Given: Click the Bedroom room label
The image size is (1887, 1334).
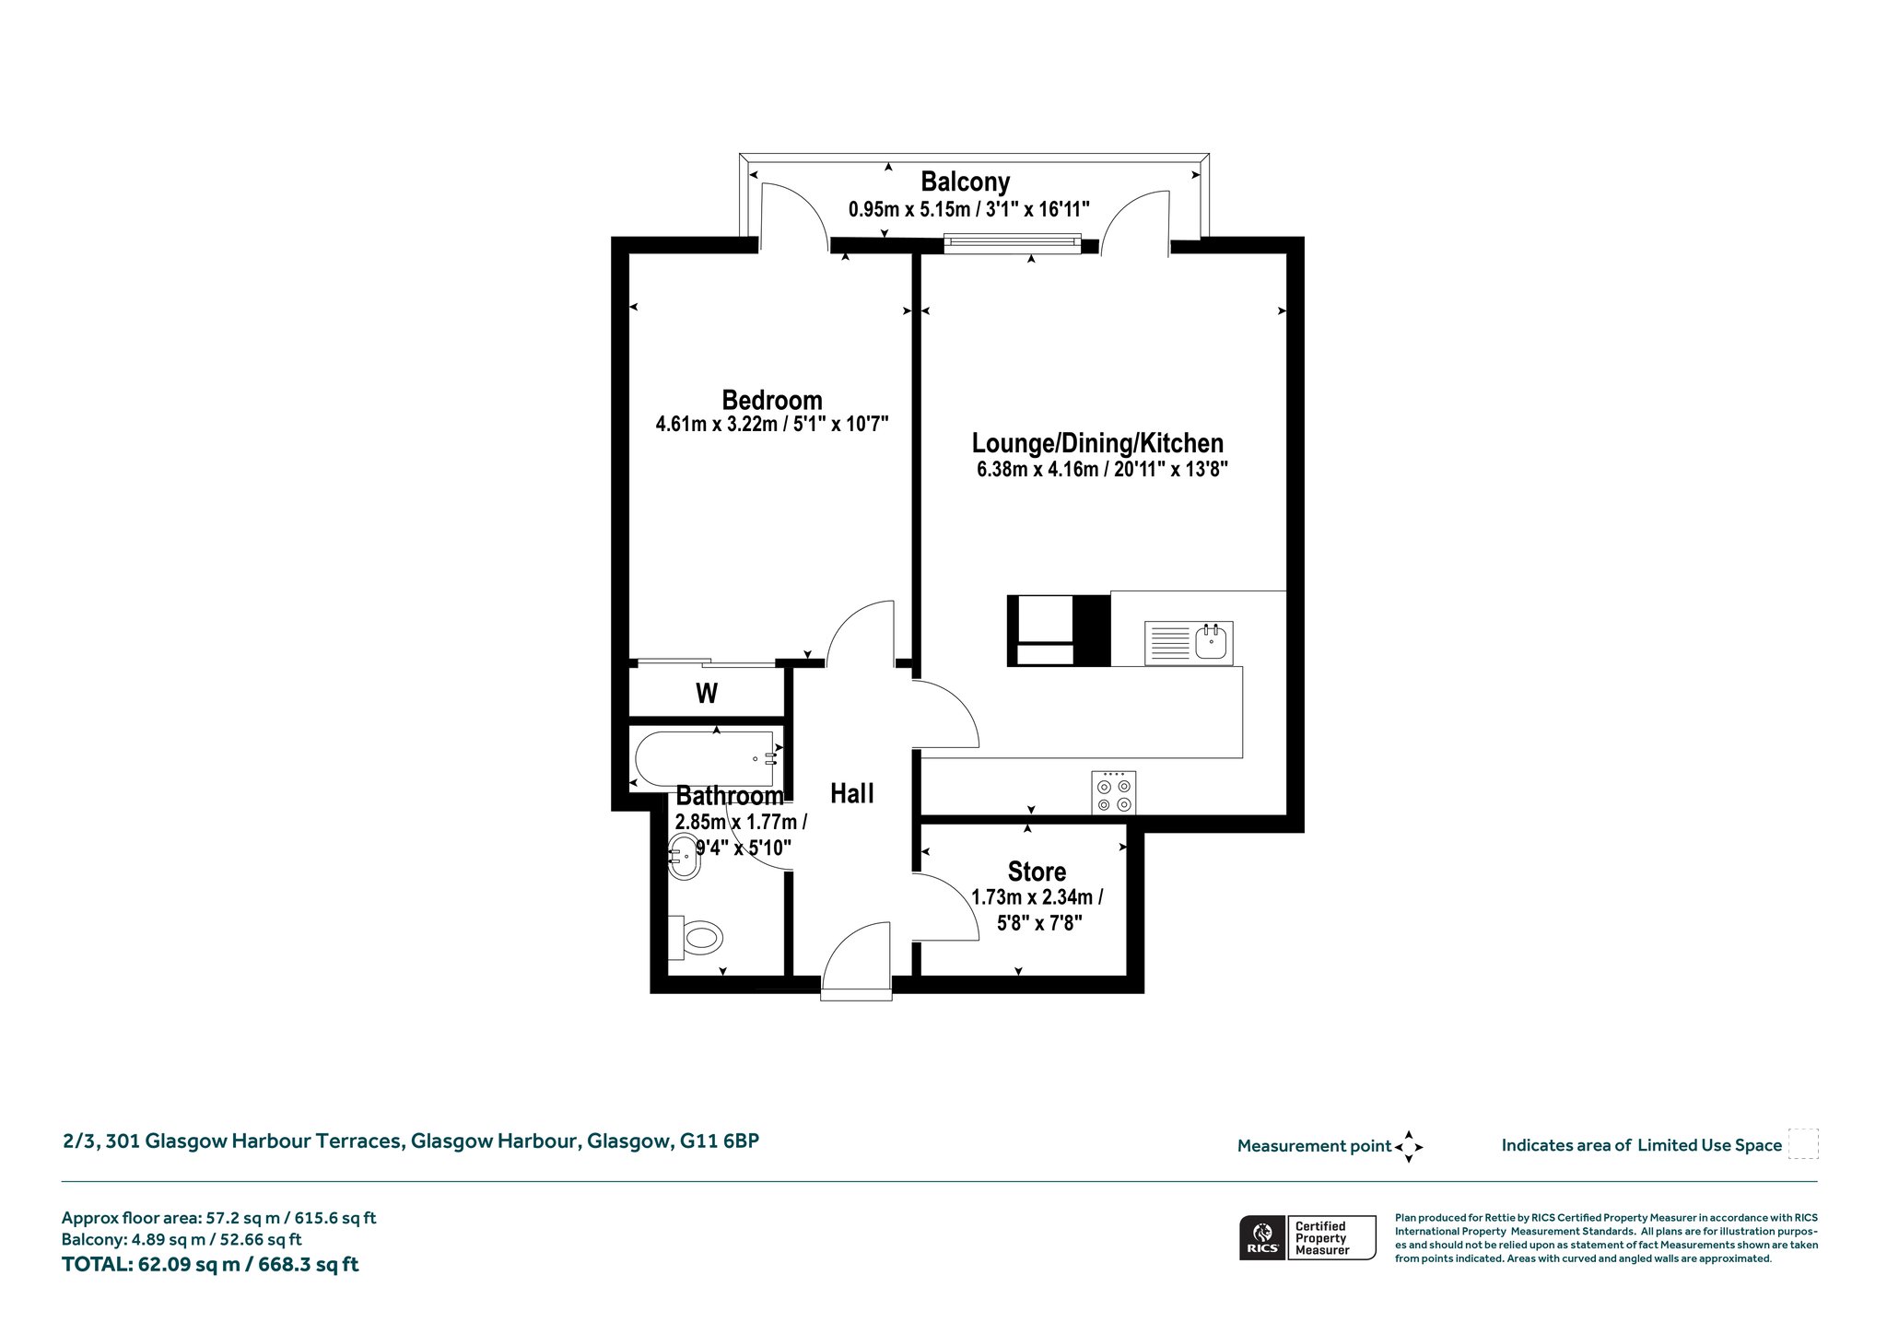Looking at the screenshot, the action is [x=772, y=401].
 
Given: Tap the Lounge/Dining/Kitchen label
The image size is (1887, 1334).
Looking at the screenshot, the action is [x=1098, y=444].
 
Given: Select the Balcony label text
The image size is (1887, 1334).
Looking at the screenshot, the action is [x=966, y=181].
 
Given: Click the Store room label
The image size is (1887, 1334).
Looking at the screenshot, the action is [x=1037, y=872].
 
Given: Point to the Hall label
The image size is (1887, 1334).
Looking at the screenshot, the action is [x=852, y=793].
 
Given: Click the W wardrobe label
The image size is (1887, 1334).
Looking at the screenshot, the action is [x=707, y=693].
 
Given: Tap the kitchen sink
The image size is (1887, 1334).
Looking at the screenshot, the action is [x=1189, y=642].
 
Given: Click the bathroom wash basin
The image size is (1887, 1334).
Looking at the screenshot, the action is [x=683, y=857].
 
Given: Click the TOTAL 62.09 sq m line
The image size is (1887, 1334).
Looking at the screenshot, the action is [x=210, y=1264].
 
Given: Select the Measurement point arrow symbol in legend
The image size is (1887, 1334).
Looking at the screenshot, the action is [x=1409, y=1147].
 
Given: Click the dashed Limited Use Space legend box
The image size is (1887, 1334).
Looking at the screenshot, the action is [x=1803, y=1143].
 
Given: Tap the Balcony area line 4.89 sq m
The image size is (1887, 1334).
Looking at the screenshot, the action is [x=182, y=1240].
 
